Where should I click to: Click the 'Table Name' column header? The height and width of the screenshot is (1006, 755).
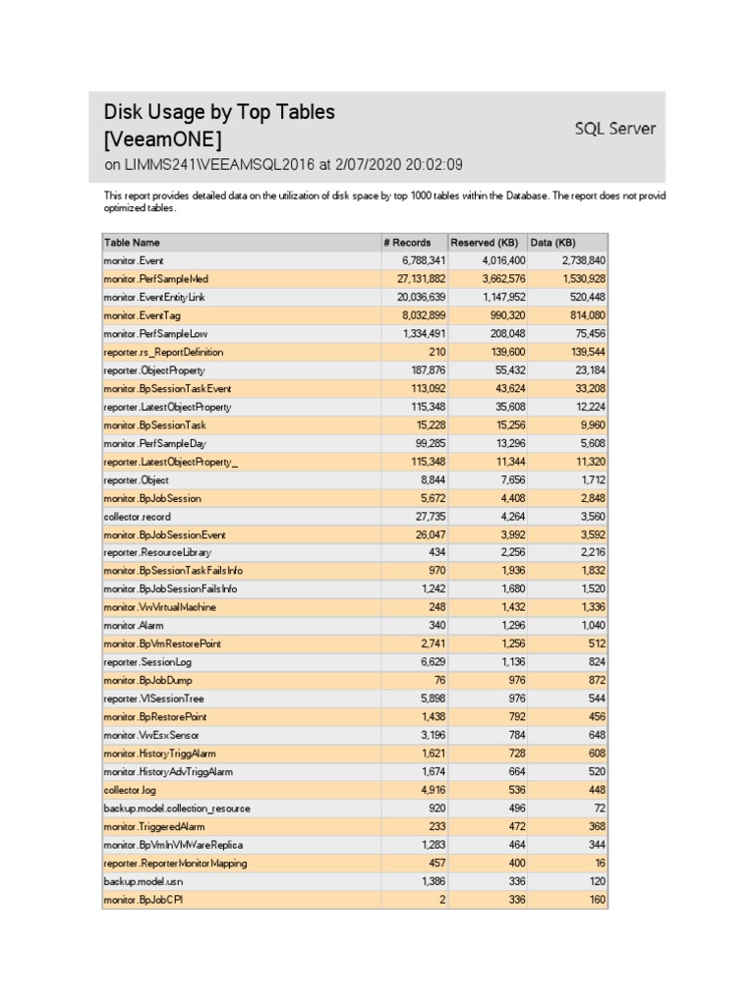[x=132, y=243]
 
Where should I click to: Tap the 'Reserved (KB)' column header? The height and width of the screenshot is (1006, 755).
[x=484, y=243]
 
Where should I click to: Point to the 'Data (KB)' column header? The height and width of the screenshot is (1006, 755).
[x=554, y=243]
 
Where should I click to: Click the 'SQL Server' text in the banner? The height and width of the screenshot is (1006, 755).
[x=614, y=128]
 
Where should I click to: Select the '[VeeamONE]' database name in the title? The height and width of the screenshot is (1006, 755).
[x=162, y=140]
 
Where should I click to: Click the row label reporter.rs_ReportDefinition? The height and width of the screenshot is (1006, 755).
[x=163, y=352]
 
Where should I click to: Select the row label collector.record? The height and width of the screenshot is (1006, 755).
[x=138, y=517]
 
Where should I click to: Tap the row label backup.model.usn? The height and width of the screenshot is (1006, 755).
[x=143, y=881]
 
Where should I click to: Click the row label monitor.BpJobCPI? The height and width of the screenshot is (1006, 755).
[x=143, y=900]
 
